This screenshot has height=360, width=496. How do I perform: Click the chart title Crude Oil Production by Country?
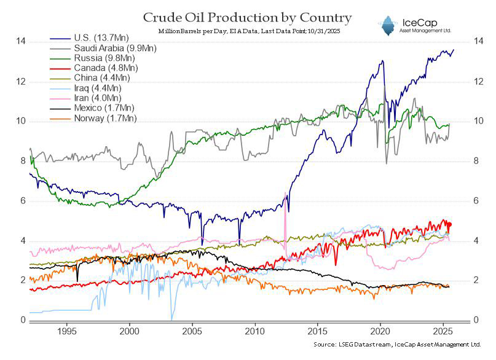pyautogui.click(x=247, y=18)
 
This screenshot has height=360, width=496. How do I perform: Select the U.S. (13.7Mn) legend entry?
pyautogui.click(x=90, y=38)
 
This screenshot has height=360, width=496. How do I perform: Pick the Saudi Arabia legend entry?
pyautogui.click(x=103, y=48)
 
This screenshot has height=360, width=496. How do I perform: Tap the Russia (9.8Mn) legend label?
pyautogui.click(x=104, y=58)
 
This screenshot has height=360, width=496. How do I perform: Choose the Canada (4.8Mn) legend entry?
pyautogui.click(x=94, y=68)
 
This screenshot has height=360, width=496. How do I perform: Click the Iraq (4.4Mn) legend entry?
pyautogui.click(x=85, y=88)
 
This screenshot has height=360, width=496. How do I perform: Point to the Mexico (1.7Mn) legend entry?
pyautogui.click(x=92, y=108)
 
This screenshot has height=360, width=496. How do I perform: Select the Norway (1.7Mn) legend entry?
pyautogui.click(x=93, y=118)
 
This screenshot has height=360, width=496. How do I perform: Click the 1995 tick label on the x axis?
pyautogui.click(x=67, y=331)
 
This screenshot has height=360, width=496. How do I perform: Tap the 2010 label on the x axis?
pyautogui.click(x=255, y=331)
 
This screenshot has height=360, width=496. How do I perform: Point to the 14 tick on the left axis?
pyautogui.click(x=21, y=41)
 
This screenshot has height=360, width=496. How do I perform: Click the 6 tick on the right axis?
pyautogui.click(x=476, y=201)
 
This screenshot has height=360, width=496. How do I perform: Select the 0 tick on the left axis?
pyautogui.click(x=23, y=320)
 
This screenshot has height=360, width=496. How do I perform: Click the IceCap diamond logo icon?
pyautogui.click(x=387, y=26)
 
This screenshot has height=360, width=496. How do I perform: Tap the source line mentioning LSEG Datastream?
pyautogui.click(x=397, y=345)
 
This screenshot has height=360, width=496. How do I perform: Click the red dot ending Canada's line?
pyautogui.click(x=450, y=224)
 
